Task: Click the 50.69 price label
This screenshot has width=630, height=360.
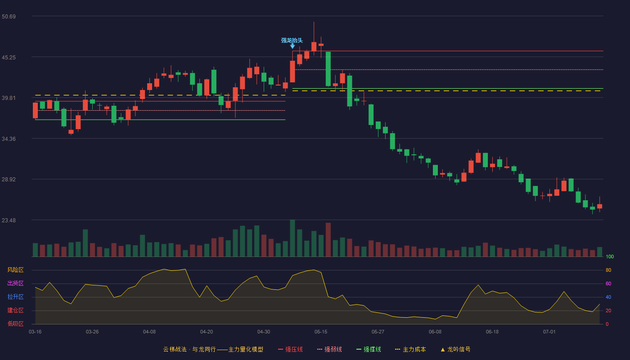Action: click(x=9, y=16)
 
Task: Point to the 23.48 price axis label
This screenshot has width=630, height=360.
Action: click(x=9, y=220)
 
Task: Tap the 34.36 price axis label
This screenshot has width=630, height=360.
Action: click(x=9, y=139)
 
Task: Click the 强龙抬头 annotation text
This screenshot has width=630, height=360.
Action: click(x=292, y=40)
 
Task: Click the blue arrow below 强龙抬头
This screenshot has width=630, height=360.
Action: click(x=292, y=46)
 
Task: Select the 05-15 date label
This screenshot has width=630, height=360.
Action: click(x=321, y=332)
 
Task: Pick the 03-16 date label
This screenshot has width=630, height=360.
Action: click(x=35, y=332)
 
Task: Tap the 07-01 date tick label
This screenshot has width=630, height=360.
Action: click(x=549, y=332)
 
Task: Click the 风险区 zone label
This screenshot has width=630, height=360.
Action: click(x=15, y=270)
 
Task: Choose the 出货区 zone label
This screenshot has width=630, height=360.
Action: click(x=15, y=283)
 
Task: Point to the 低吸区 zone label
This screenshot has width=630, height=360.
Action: click(x=15, y=324)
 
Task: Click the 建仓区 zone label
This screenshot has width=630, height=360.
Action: click(x=15, y=310)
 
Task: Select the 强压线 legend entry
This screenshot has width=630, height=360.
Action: click(x=290, y=349)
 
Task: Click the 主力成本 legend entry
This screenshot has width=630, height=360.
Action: click(x=410, y=349)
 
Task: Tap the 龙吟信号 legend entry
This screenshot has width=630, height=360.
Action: click(x=455, y=349)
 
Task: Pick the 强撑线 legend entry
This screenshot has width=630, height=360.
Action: click(x=369, y=349)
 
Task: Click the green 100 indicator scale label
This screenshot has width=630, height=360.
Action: click(x=610, y=256)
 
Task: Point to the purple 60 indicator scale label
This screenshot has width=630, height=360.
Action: click(x=608, y=283)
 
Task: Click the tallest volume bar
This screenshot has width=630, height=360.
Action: click(x=292, y=238)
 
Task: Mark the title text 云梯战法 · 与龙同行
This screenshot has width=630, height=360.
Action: click(x=189, y=349)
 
